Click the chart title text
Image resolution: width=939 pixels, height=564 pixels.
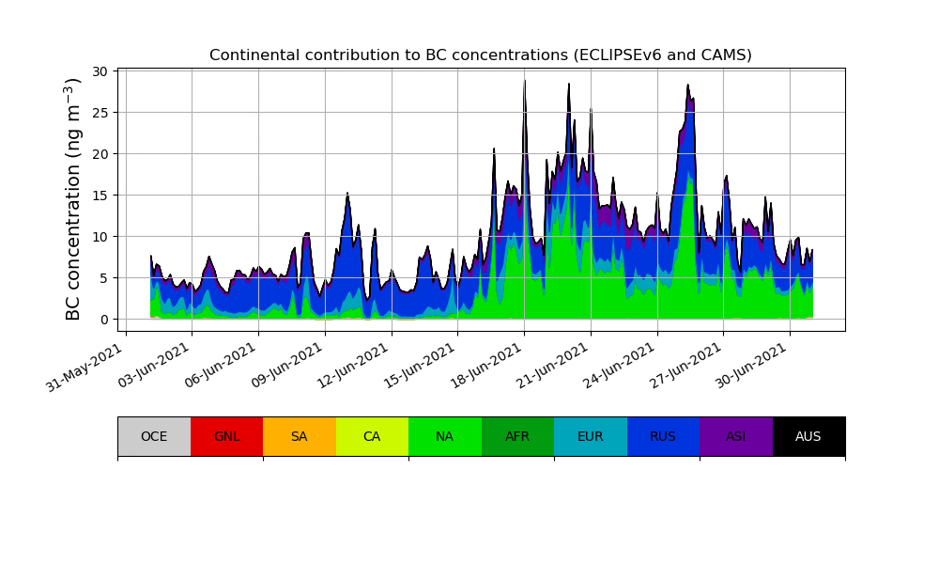tap(480, 55)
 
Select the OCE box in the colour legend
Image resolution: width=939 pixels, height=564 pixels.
tap(154, 436)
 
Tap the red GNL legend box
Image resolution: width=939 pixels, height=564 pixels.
tap(226, 436)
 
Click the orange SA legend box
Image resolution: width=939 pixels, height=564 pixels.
tap(300, 436)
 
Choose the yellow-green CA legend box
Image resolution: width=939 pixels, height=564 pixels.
tap(372, 436)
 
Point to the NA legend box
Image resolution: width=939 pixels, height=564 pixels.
tap(445, 436)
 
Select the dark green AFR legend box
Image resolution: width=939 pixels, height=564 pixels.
tap(517, 436)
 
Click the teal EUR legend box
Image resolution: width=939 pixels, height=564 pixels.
tap(591, 436)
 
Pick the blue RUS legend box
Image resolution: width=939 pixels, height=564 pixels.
tap(663, 436)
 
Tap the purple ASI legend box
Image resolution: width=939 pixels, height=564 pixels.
tap(736, 436)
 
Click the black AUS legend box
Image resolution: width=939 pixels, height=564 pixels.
tap(808, 436)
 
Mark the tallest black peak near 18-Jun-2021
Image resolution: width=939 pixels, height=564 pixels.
tap(524, 82)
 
